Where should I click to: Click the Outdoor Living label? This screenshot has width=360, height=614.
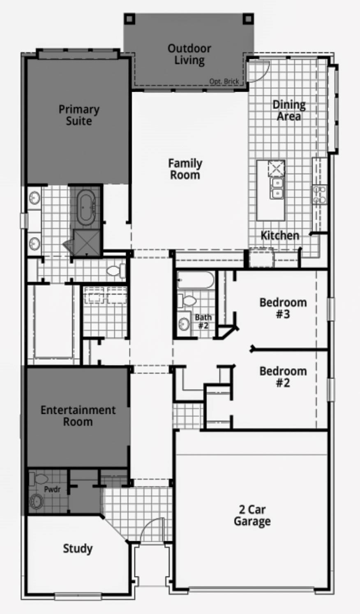pyautogui.click(x=189, y=54)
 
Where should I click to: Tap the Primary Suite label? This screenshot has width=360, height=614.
pyautogui.click(x=79, y=115)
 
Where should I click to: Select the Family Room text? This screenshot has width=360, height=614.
pyautogui.click(x=185, y=169)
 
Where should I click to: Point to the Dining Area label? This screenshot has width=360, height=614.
pyautogui.click(x=289, y=111)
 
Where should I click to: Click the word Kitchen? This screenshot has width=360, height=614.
pyautogui.click(x=280, y=235)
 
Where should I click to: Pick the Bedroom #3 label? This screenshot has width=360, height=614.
pyautogui.click(x=283, y=308)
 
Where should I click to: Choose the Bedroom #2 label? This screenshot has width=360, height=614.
pyautogui.click(x=283, y=377)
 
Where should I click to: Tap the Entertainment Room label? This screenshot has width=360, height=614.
pyautogui.click(x=78, y=415)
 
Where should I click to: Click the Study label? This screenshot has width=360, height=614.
pyautogui.click(x=78, y=548)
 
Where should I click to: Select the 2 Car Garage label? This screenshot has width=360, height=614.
pyautogui.click(x=252, y=515)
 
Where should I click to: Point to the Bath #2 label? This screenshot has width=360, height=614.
pyautogui.click(x=203, y=321)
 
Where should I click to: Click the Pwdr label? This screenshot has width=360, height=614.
pyautogui.click(x=52, y=489)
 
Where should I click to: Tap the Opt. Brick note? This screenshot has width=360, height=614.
pyautogui.click(x=224, y=81)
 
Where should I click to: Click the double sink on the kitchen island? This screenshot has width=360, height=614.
pyautogui.click(x=277, y=187)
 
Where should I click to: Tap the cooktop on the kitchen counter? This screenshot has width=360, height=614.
pyautogui.click(x=319, y=194)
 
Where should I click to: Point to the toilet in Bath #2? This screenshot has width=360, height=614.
pyautogui.click(x=188, y=300)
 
